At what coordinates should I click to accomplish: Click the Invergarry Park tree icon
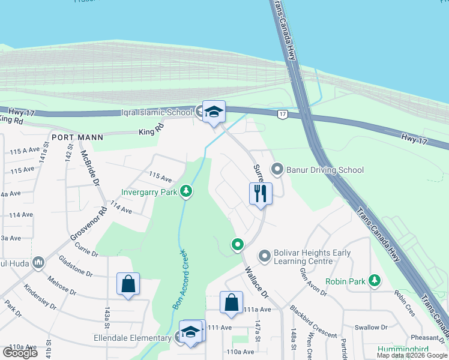tap(187, 191)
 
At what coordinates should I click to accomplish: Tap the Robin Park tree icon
tap(375, 280)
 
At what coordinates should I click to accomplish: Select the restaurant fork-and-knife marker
tap(261, 193)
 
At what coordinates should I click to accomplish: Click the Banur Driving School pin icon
tap(277, 170)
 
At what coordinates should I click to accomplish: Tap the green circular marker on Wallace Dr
tap(238, 244)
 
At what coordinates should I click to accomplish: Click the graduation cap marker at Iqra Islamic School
tap(213, 111)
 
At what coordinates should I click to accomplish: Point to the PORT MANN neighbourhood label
tap(77, 137)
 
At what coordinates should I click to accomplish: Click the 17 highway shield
tap(282, 113)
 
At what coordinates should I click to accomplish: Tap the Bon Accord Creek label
tap(179, 279)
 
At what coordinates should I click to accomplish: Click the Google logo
tap(20, 352)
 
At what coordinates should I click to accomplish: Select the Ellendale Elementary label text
tap(134, 338)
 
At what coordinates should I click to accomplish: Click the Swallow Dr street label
tap(371, 328)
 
